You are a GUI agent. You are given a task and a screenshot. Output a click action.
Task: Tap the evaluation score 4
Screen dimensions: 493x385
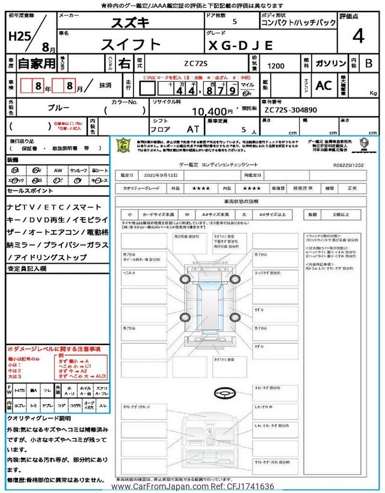coord(358,37)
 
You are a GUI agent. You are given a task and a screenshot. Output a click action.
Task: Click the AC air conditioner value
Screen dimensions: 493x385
coord(323,85)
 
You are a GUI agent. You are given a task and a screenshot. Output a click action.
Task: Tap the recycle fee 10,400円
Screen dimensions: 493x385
coord(212,111)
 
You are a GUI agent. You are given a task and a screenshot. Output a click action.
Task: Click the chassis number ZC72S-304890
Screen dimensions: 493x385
coord(291,111)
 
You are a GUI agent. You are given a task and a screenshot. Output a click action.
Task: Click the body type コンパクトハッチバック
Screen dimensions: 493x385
coord(298,23)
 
